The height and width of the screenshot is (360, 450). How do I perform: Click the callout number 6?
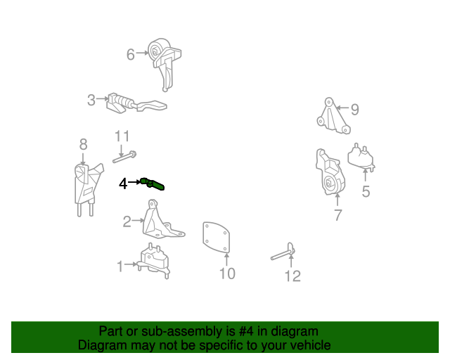[x=131, y=54]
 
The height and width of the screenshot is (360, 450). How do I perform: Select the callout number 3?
[x=91, y=100]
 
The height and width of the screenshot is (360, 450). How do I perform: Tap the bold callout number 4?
[x=123, y=184]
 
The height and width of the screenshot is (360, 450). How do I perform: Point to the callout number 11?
[x=122, y=136]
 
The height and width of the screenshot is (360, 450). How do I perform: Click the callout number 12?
[x=292, y=276]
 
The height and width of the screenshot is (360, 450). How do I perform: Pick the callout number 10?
[x=227, y=274]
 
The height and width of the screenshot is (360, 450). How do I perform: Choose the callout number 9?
[x=355, y=110]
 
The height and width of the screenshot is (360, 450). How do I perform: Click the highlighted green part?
[x=153, y=184]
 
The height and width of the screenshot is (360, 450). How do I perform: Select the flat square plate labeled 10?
[x=216, y=238]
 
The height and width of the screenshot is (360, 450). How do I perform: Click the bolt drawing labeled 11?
[x=124, y=157]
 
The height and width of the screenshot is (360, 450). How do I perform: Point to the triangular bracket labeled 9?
[x=333, y=116]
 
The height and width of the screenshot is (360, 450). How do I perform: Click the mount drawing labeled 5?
[x=361, y=158]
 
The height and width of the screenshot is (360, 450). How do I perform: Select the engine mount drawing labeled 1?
[x=153, y=261]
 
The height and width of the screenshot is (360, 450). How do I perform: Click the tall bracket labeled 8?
[x=87, y=188]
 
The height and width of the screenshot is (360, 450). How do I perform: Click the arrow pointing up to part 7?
[x=337, y=200]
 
